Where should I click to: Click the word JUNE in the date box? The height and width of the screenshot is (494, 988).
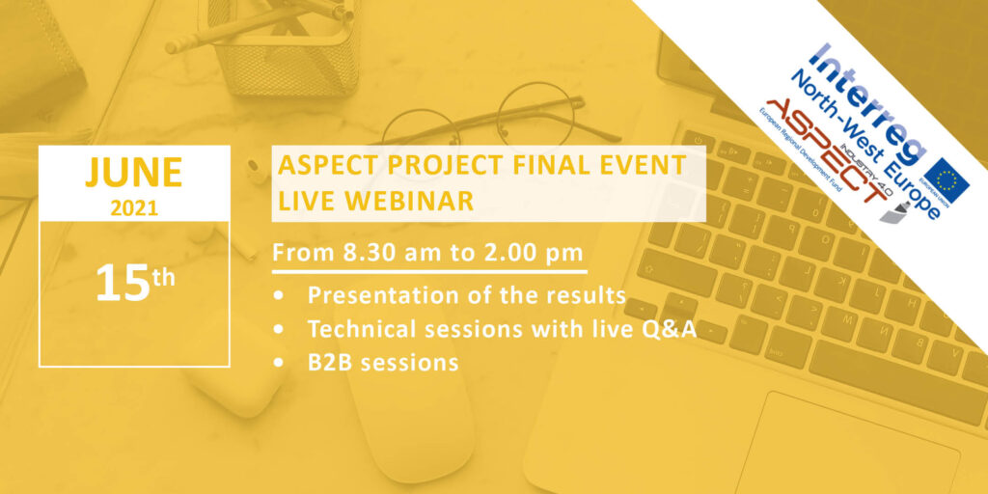tap(133, 172)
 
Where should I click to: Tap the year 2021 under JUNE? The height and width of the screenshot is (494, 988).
tap(134, 207)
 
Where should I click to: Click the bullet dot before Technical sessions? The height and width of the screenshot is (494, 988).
tap(279, 330)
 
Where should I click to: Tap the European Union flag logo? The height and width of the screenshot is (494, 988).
tap(947, 180)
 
